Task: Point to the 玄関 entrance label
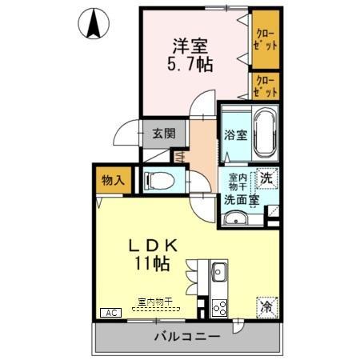(x=163, y=134)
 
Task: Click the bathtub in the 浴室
(x=263, y=132)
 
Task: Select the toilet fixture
(x=157, y=179)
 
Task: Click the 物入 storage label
(x=113, y=181)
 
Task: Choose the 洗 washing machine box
(x=268, y=179)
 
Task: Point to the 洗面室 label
(x=239, y=199)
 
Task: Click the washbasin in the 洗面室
(x=235, y=220)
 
